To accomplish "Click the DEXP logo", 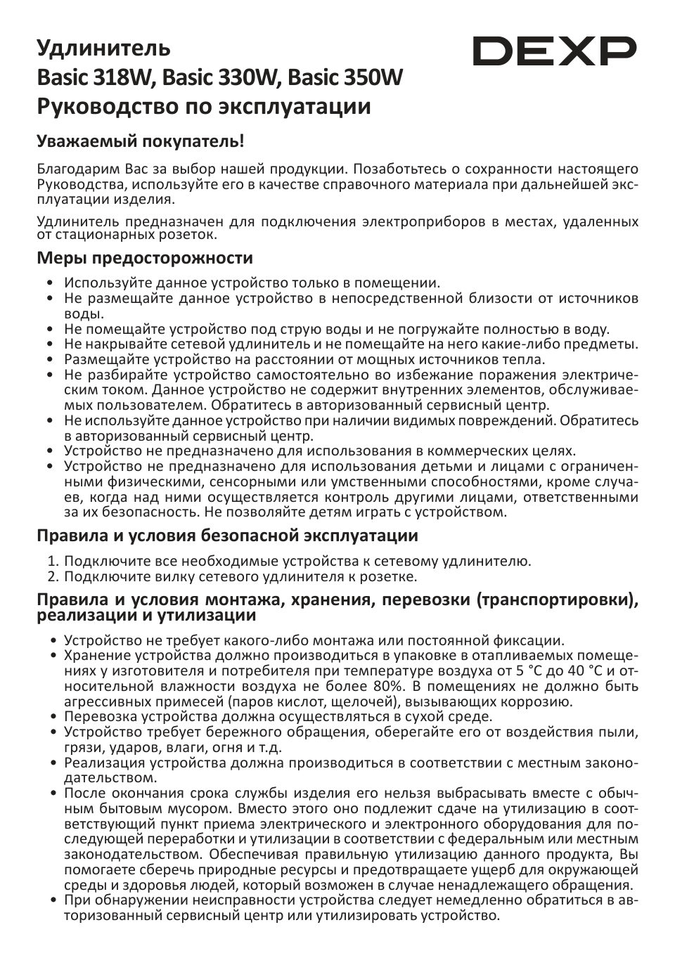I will click(x=554, y=51).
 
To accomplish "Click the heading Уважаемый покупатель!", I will click(x=141, y=141).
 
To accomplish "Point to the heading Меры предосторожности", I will click(x=145, y=258).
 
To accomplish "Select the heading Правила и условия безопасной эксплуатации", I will click(x=227, y=536).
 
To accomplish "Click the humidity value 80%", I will click(x=388, y=686).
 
